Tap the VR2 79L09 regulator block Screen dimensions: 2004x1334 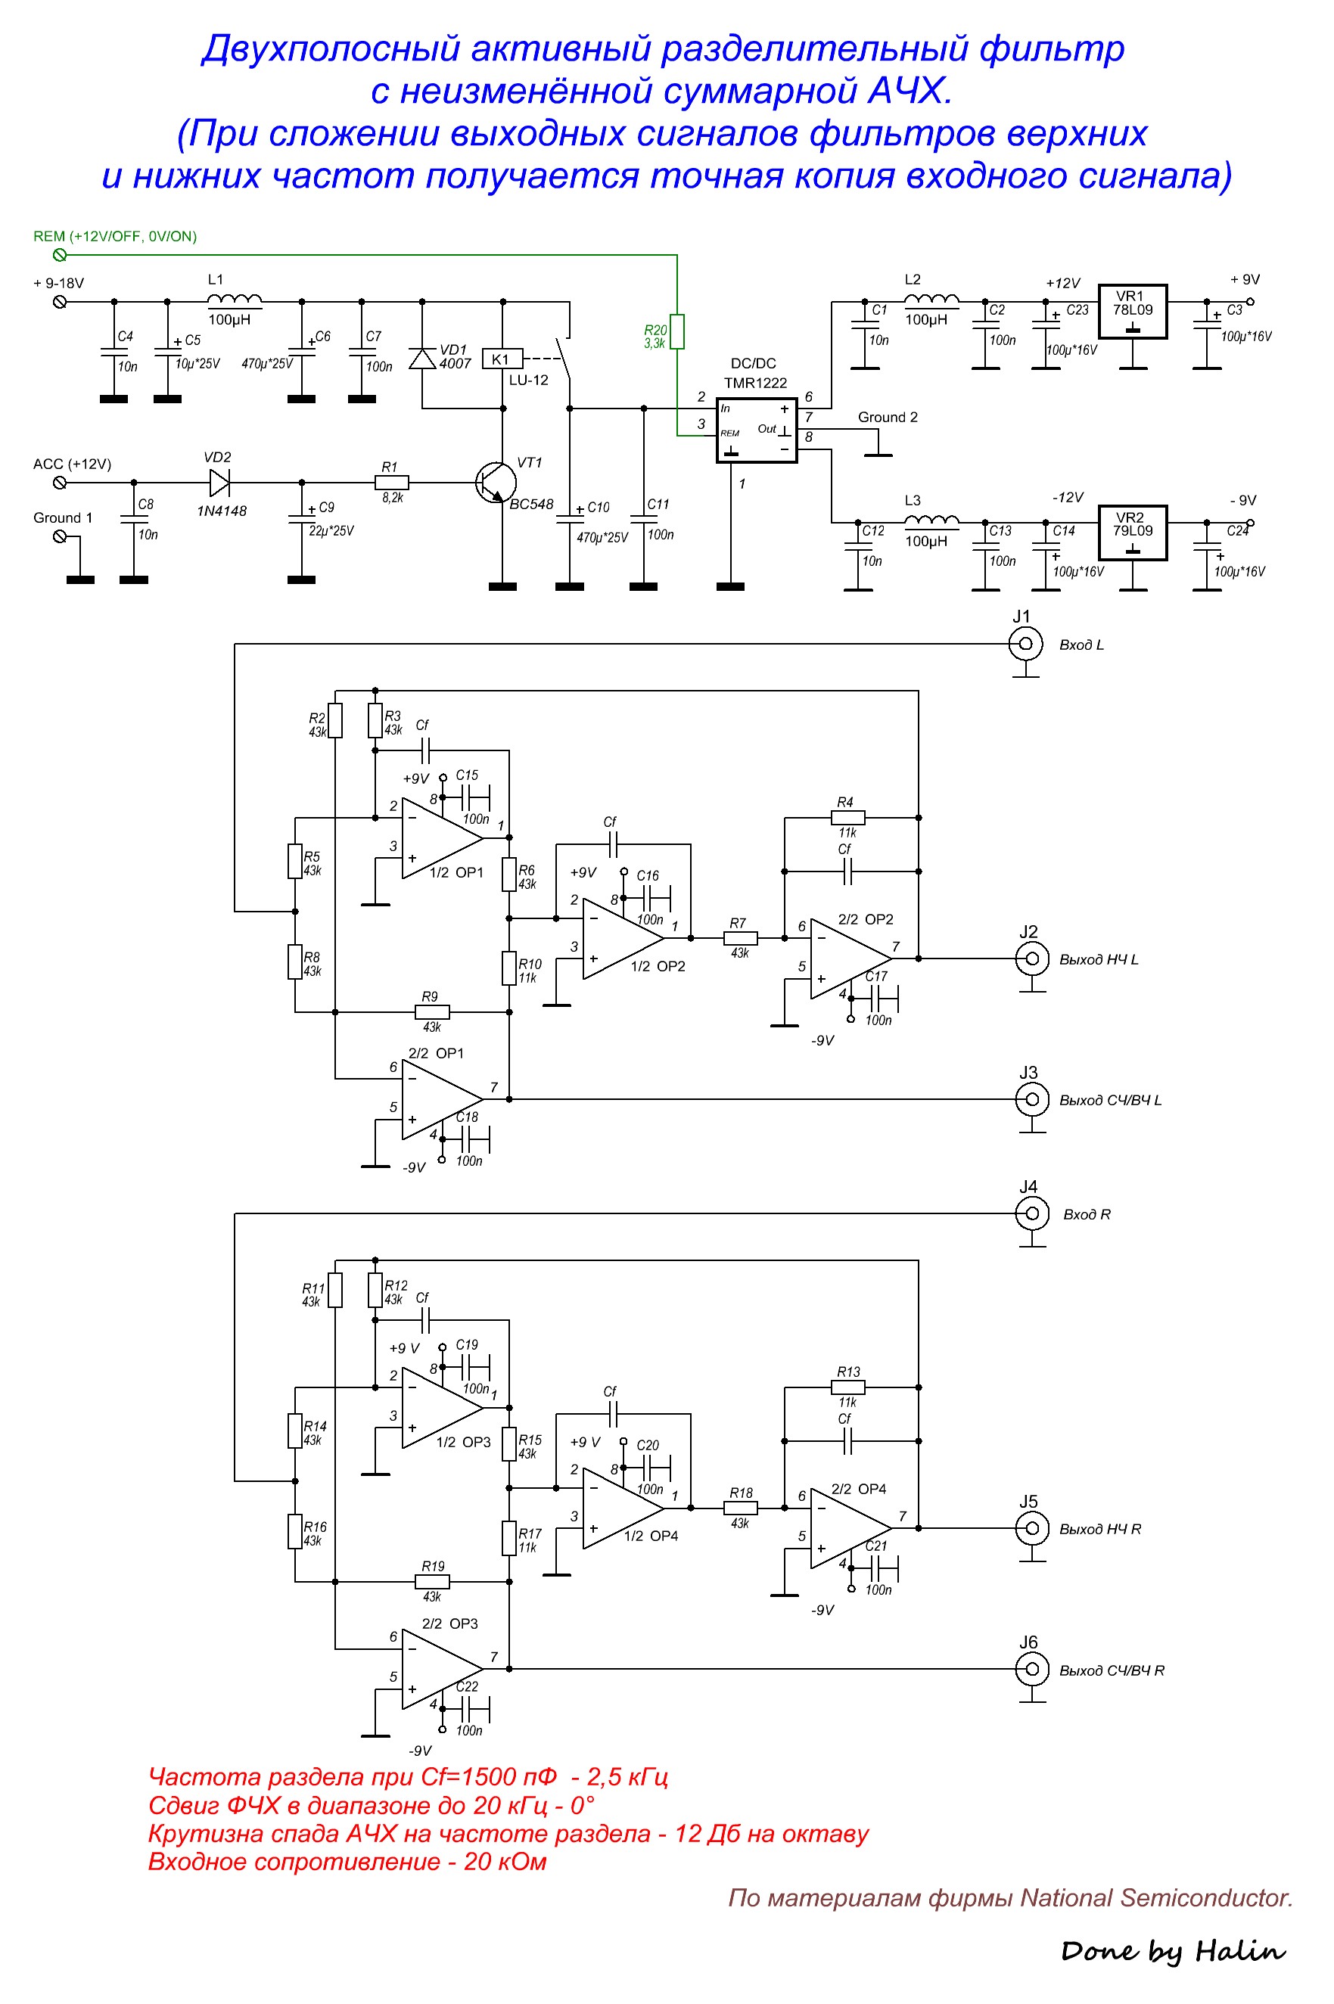tap(1133, 533)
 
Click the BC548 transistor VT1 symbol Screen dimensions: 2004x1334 tap(497, 483)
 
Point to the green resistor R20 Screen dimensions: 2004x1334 tap(677, 332)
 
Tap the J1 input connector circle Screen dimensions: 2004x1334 tap(1025, 644)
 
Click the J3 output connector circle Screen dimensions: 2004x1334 tap(1032, 1099)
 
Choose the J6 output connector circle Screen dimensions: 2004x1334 tap(1032, 1669)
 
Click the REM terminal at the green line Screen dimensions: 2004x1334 tap(60, 254)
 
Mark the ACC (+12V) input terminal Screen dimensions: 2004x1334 tap(60, 483)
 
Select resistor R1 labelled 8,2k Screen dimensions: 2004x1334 tap(391, 483)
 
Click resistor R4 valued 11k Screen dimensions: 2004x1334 tap(847, 818)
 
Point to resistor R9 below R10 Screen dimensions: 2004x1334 tap(432, 1011)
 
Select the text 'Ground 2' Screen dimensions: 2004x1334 tap(888, 417)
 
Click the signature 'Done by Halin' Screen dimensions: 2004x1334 tap(1173, 1951)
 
